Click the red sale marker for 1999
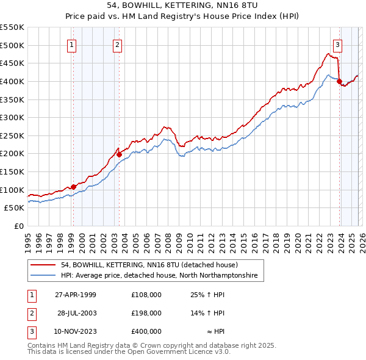coord(74,187)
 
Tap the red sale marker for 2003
coord(120,154)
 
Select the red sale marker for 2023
coord(339,82)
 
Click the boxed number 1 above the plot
coord(72,44)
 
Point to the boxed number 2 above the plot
coord(117,44)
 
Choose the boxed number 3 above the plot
coord(337,44)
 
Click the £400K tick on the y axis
coord(12,81)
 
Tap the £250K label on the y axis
coord(12,135)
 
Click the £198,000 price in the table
coord(146,313)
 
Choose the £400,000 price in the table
coord(146,331)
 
